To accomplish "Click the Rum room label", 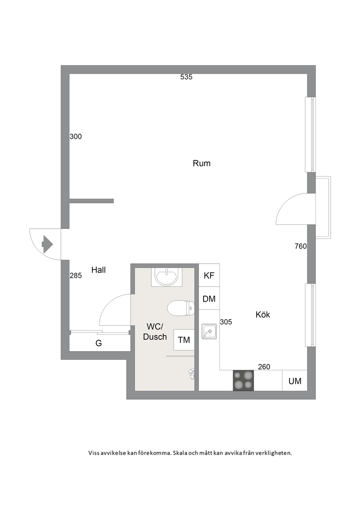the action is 201,163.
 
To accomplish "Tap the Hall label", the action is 98,270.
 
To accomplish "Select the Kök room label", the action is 263,315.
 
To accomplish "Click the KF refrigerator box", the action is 209,275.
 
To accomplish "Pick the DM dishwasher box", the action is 209,298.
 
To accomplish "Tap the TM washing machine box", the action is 184,340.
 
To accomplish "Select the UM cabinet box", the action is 295,381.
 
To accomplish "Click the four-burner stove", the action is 244,381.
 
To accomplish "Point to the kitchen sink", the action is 209,332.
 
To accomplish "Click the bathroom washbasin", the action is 167,277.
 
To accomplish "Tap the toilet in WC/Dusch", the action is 181,308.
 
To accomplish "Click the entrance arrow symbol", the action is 47,245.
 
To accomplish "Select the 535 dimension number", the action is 187,77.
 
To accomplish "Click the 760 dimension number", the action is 301,246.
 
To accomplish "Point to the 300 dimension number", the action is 76,136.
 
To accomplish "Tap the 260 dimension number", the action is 264,367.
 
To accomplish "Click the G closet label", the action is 98,343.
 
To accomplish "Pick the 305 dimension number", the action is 226,322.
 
